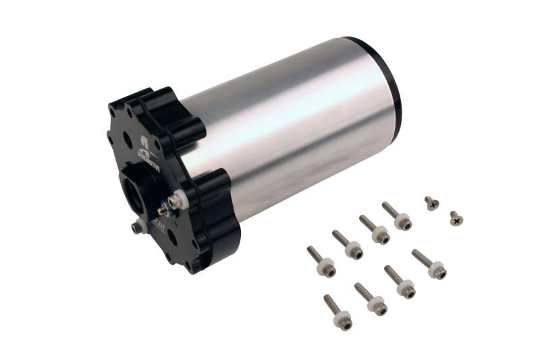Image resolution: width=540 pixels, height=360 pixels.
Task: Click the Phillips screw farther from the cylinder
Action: [456, 218]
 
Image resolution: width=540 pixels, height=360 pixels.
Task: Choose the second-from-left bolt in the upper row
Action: [348, 245]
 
